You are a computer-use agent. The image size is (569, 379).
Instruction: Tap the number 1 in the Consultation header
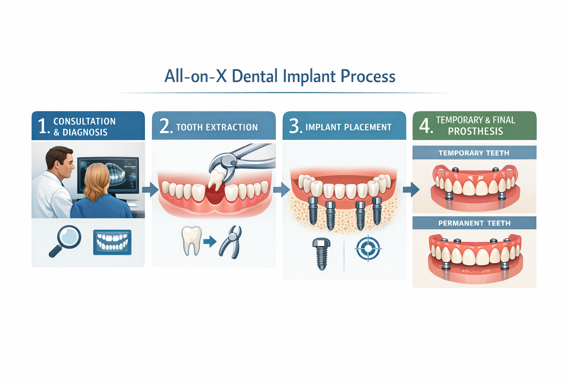click(x=43, y=126)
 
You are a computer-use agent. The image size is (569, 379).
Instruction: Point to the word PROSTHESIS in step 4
click(x=475, y=131)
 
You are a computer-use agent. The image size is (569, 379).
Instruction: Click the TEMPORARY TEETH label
click(x=474, y=153)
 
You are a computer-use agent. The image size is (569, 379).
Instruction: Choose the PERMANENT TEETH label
click(x=474, y=223)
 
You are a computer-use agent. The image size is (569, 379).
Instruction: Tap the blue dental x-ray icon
click(x=112, y=242)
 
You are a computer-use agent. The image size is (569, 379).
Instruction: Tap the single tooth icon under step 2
click(x=192, y=241)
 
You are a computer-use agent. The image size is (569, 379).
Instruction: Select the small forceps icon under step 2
click(x=231, y=242)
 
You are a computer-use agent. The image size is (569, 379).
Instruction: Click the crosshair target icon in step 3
click(x=368, y=248)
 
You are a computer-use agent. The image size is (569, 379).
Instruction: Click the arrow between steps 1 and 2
click(x=150, y=189)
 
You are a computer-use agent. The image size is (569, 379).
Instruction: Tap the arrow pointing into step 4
click(x=411, y=189)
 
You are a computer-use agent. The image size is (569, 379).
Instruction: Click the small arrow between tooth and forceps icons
click(x=210, y=242)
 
